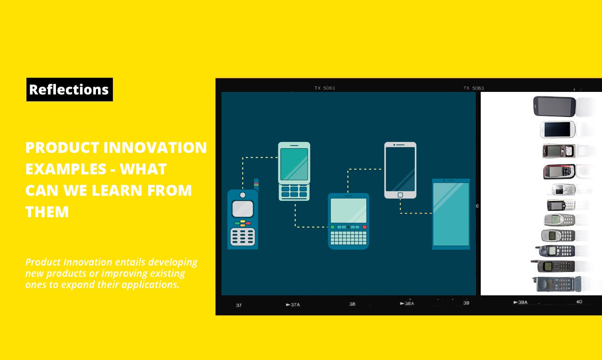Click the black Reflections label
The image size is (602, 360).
(x=69, y=89)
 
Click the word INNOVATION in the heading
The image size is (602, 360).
(x=155, y=148)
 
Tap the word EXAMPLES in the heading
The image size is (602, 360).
(x=66, y=169)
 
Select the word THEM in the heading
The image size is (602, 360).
(x=47, y=212)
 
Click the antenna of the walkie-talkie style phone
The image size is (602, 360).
(x=256, y=184)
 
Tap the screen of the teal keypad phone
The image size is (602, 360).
(x=294, y=164)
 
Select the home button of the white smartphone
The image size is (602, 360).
(x=400, y=195)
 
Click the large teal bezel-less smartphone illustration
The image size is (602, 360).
(x=451, y=214)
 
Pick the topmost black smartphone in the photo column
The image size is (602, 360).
(x=554, y=106)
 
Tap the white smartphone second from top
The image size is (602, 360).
(x=557, y=129)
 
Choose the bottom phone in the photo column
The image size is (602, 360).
(x=557, y=284)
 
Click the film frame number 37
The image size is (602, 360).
(x=239, y=305)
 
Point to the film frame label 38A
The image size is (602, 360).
(x=407, y=303)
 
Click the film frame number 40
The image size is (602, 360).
(x=579, y=302)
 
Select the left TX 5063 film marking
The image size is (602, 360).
(x=325, y=88)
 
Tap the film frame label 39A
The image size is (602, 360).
(x=521, y=302)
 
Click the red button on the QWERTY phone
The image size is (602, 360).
(x=364, y=227)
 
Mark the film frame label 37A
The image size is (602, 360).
(x=293, y=305)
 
